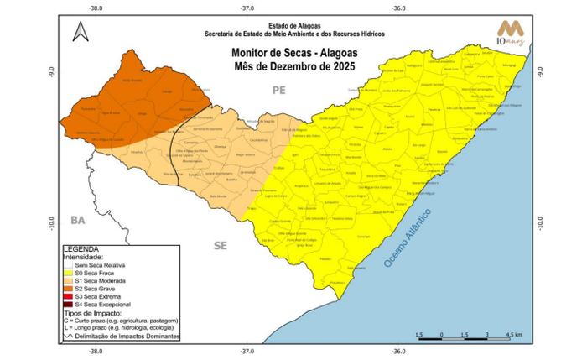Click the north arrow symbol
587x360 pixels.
click(x=80, y=32)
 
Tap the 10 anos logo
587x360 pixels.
click(x=512, y=32)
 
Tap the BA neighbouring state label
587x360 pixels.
click(x=78, y=220)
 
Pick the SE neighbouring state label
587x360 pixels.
click(x=221, y=246)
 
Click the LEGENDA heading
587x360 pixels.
click(x=81, y=249)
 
